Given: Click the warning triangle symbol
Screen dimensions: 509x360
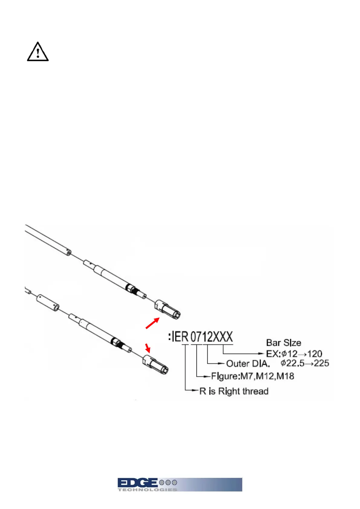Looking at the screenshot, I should (38, 52).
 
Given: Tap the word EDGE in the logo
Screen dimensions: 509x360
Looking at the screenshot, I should (138, 483).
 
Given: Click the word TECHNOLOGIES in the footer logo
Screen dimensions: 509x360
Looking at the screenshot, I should (147, 490).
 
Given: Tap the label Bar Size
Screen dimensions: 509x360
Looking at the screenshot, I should (284, 343).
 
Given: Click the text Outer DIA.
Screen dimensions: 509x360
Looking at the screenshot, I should (248, 363).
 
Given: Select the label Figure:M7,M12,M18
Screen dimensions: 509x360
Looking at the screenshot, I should (253, 376).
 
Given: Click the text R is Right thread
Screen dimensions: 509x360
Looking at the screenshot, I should (234, 391).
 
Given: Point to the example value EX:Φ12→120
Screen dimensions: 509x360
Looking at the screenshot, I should (294, 354).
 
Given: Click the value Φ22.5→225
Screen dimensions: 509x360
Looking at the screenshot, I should (305, 363).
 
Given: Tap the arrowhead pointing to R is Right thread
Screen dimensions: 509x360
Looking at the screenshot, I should (196, 391).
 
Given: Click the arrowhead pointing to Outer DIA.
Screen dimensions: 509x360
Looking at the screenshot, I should (222, 363).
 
